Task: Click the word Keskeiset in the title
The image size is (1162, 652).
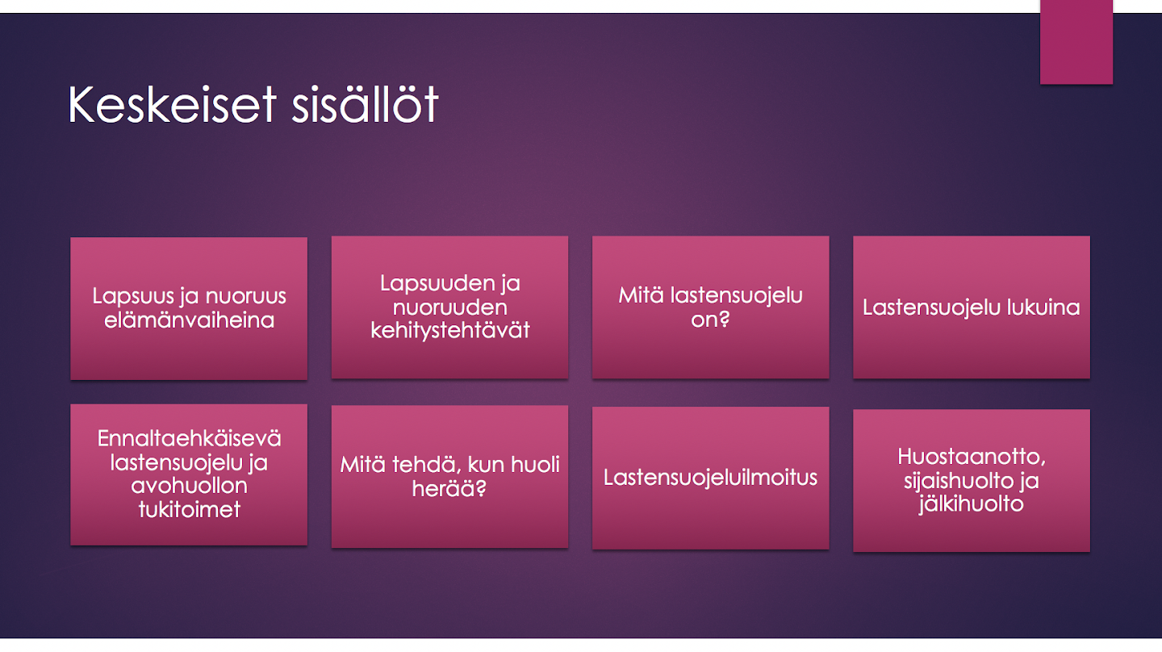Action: tap(172, 105)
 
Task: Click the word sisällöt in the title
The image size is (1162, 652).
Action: tap(366, 104)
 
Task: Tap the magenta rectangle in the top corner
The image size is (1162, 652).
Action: tap(1076, 41)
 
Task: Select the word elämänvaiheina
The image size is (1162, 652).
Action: tap(190, 320)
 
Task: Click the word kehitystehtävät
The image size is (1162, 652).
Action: tap(450, 330)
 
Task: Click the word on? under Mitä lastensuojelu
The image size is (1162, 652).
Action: tap(710, 319)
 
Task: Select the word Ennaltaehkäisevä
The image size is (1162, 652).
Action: tap(190, 439)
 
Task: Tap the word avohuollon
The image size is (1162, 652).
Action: tap(190, 486)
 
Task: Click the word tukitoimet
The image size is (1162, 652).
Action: tap(190, 510)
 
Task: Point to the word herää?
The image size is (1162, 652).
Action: tap(449, 488)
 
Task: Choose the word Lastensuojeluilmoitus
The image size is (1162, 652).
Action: tap(710, 477)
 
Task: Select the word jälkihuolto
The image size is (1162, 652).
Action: tap(972, 504)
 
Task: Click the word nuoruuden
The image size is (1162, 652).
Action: tap(449, 307)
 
